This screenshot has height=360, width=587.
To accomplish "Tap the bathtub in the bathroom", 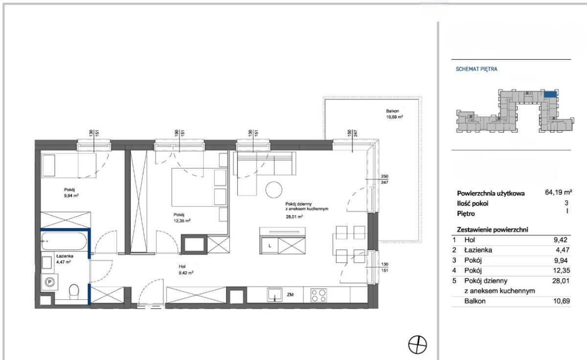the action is click(x=64, y=241).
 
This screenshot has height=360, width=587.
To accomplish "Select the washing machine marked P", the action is click(x=49, y=282).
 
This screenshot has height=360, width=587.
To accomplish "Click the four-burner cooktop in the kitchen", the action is click(x=318, y=295).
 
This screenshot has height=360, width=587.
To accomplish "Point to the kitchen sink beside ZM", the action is click(x=274, y=295).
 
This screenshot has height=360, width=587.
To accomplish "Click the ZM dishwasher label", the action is click(x=290, y=295).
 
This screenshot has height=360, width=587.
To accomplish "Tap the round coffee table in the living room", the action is click(x=274, y=190).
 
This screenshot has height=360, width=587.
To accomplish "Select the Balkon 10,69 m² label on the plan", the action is click(x=394, y=114).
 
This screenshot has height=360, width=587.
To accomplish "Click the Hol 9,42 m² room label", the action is click(x=186, y=270).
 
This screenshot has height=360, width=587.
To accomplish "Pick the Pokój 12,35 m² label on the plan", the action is click(x=182, y=218).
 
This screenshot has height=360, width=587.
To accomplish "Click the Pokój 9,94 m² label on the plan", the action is click(x=71, y=193).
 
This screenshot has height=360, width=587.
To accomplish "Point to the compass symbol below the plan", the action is click(x=417, y=344).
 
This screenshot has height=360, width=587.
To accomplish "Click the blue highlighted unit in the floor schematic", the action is click(x=550, y=94).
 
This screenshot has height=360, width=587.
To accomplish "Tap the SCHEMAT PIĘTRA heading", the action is click(x=476, y=69).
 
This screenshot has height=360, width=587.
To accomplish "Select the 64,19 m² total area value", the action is click(x=558, y=192).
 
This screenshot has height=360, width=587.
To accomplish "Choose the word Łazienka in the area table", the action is click(x=478, y=250).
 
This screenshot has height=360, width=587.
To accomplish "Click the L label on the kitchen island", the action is click(x=270, y=246).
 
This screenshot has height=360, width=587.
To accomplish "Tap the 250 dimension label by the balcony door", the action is click(x=384, y=177).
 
